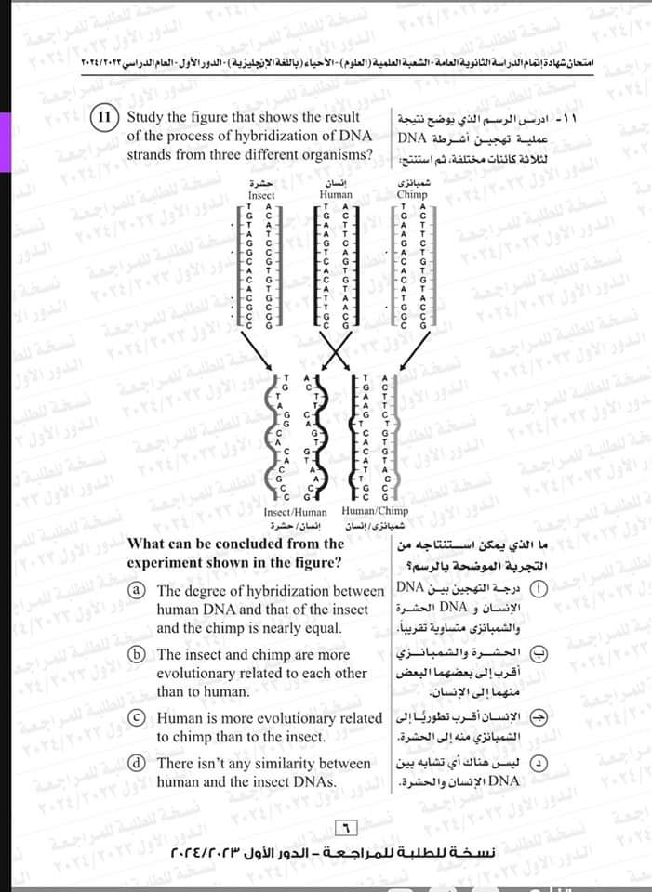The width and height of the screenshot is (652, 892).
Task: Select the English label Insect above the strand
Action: pyautogui.click(x=262, y=196)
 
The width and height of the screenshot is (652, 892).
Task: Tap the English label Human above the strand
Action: pyautogui.click(x=335, y=196)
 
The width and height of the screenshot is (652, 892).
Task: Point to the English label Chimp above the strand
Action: pyautogui.click(x=412, y=196)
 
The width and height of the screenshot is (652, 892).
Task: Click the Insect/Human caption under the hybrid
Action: pyautogui.click(x=296, y=512)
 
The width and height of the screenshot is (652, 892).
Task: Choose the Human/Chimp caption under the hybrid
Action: pyautogui.click(x=375, y=512)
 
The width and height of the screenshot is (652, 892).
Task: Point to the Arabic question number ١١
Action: pyautogui.click(x=564, y=121)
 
